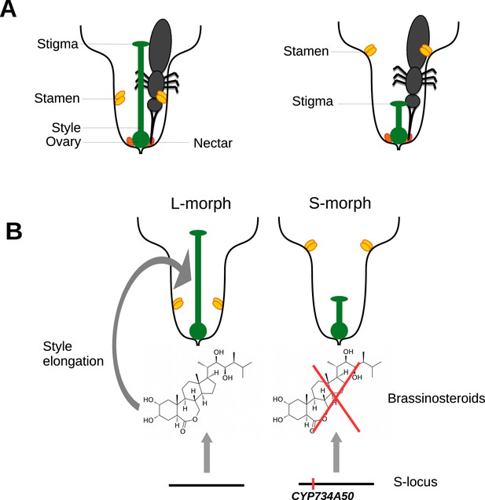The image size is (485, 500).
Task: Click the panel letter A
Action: pos(8,9)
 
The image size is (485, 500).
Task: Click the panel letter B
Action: pos(13,232)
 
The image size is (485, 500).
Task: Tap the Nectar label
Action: pos(213,143)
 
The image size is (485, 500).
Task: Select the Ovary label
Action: pos(63,141)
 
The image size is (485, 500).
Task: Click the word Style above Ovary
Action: pos(66,127)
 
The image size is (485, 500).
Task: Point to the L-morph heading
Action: pos(200,203)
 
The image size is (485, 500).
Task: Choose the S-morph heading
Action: pos(340,203)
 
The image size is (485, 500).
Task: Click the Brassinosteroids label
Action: pos(436,398)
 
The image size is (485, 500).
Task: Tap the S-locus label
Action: pos(415,482)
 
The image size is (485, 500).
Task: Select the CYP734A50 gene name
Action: pos(322,495)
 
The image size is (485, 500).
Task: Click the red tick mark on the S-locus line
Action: pos(313,484)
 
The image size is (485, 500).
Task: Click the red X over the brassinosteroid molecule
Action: pos(336,398)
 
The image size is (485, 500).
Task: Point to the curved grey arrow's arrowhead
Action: pos(184,268)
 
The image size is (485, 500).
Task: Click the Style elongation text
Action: pos(73,354)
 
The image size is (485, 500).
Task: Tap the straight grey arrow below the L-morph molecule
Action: pos(207,452)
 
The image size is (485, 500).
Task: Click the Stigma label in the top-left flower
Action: pos(57,44)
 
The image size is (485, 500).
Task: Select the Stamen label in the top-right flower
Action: pos(306,51)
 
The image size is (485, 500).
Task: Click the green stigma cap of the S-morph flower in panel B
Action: pos(339,299)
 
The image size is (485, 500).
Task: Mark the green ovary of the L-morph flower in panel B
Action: pos(198,331)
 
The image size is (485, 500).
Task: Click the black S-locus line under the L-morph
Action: pos(207,485)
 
